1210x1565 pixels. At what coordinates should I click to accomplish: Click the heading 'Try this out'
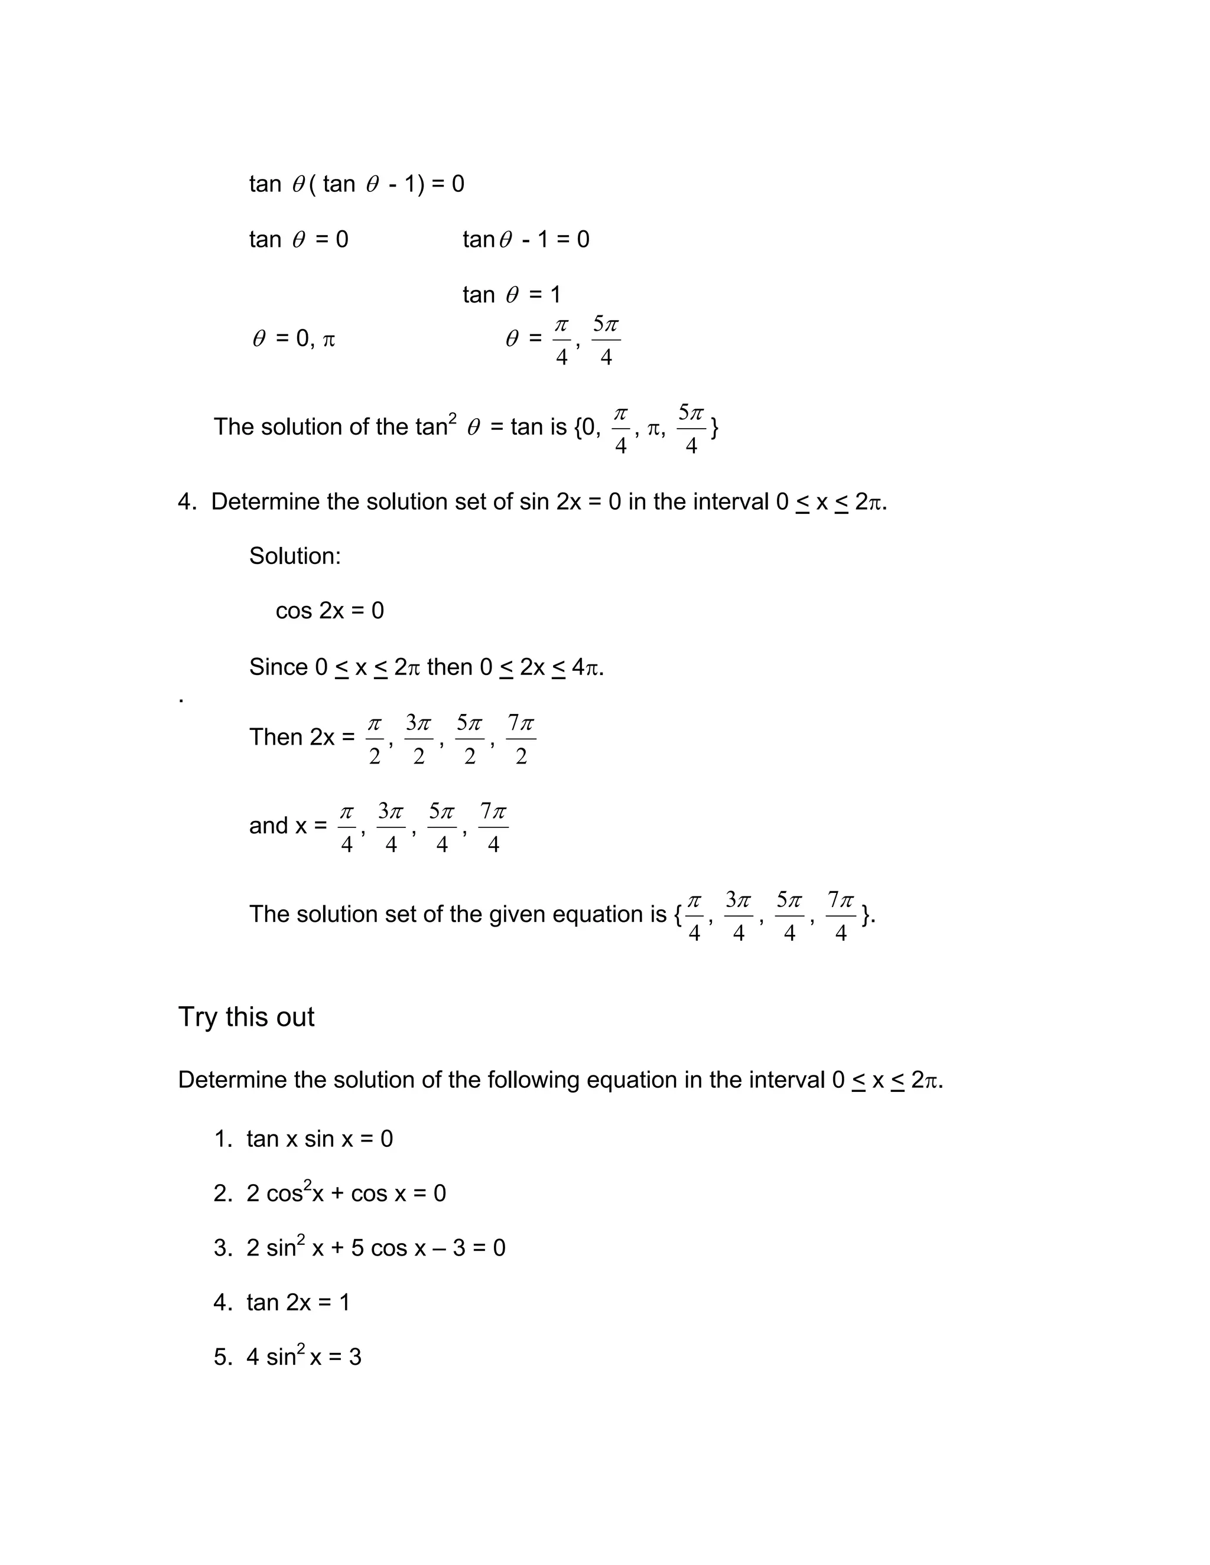click(246, 1018)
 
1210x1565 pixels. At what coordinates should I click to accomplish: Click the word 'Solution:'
click(295, 556)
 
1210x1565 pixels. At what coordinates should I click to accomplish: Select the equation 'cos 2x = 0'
click(330, 611)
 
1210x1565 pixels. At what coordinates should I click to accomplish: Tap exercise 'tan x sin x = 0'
click(320, 1139)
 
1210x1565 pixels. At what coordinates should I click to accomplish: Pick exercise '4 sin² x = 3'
click(304, 1357)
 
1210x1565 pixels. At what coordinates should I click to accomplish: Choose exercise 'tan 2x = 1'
click(298, 1302)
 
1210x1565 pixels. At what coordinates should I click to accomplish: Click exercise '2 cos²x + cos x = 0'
click(346, 1193)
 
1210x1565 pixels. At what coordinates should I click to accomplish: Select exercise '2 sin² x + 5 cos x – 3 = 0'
click(376, 1247)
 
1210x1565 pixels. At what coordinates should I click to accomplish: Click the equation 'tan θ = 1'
click(512, 295)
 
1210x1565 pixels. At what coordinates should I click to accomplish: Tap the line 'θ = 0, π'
click(294, 338)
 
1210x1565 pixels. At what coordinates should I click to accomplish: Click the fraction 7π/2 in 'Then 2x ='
click(521, 739)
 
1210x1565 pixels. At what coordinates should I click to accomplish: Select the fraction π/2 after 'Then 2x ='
click(374, 739)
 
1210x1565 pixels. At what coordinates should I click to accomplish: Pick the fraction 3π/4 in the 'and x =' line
click(391, 827)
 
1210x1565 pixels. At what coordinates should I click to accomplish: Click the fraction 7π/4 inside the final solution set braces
click(841, 916)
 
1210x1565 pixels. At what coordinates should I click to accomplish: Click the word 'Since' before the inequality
click(278, 667)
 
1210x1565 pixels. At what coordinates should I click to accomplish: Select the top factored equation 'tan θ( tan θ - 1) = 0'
click(356, 184)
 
